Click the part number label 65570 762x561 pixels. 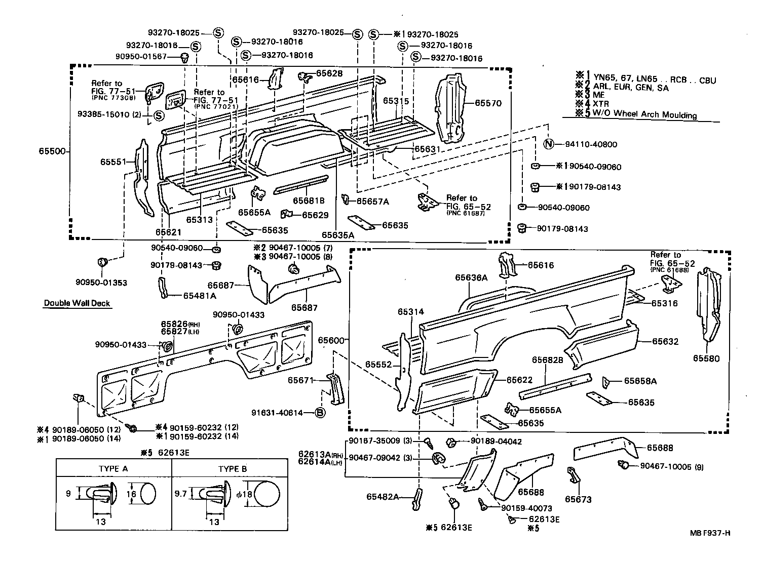488,103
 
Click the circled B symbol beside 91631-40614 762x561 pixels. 320,413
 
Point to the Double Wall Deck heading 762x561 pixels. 77,303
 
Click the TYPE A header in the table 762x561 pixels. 113,469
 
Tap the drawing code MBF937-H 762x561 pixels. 709,533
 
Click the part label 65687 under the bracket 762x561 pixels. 304,307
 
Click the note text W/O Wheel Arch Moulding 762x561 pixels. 642,114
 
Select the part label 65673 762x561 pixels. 578,499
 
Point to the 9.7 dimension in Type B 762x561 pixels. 180,492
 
